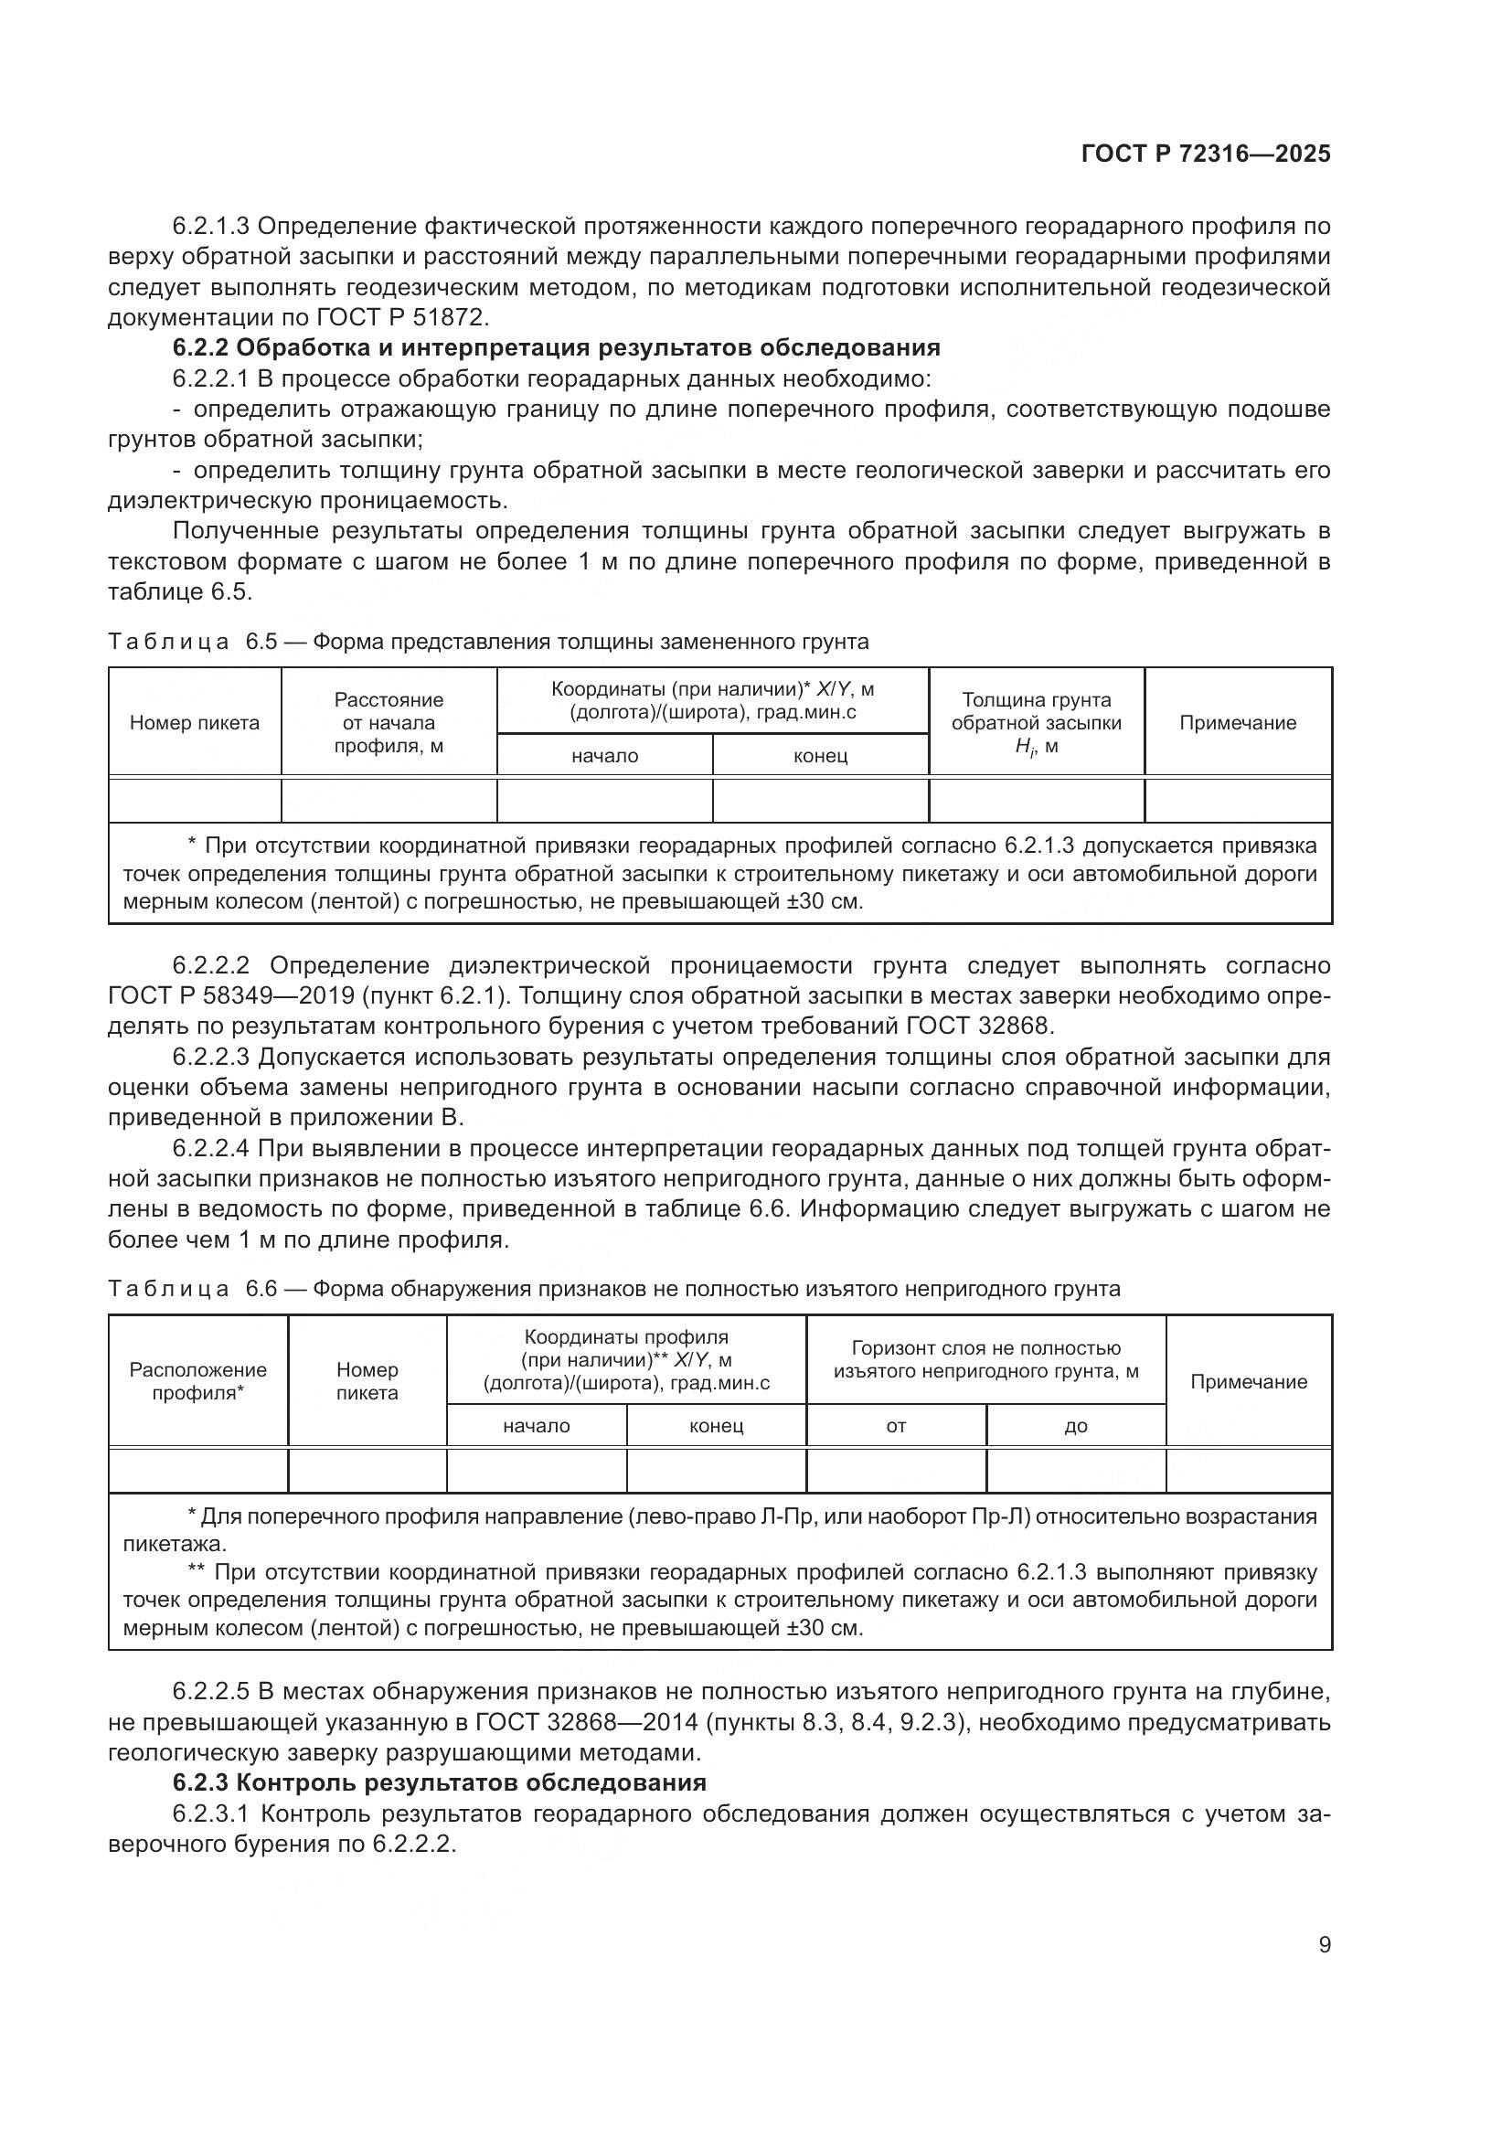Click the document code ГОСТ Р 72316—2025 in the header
(1206, 154)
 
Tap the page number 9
(1324, 1944)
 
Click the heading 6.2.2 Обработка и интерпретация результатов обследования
(556, 348)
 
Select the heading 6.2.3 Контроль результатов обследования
(439, 1782)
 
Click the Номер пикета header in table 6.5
(195, 723)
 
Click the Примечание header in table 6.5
(1238, 723)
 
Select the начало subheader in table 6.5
(604, 755)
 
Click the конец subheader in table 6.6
(716, 1426)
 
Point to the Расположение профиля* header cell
(197, 1381)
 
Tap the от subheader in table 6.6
(896, 1426)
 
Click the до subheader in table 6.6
(1075, 1426)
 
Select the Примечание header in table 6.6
(1249, 1381)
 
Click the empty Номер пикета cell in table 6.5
(195, 800)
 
